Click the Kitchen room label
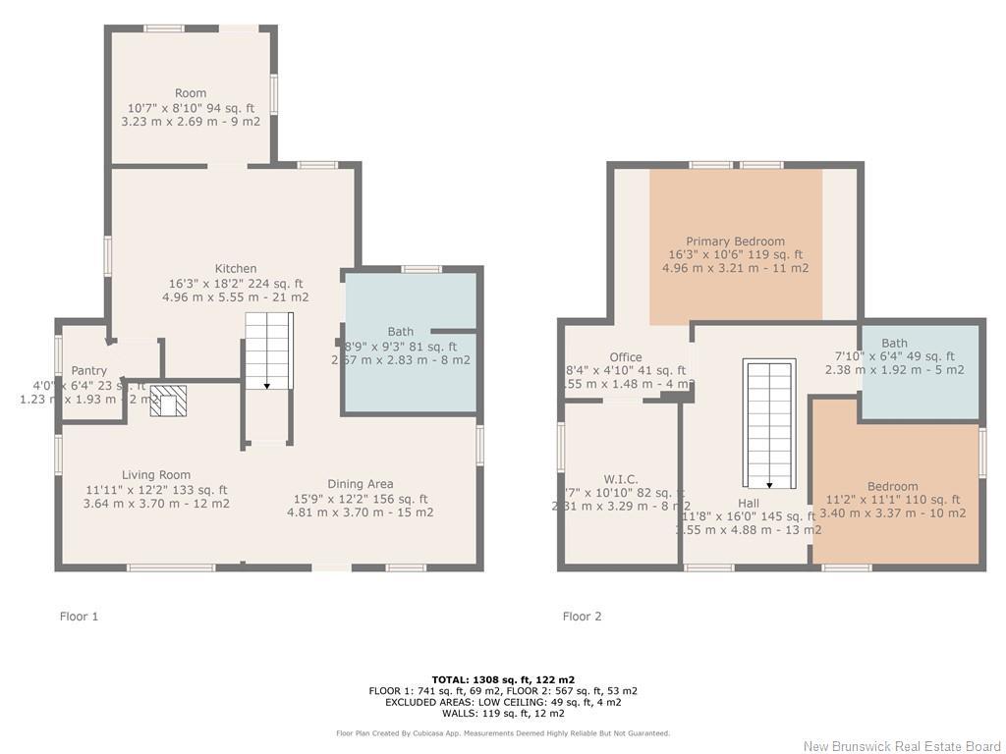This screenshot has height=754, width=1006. [236, 268]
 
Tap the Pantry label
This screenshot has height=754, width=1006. [89, 370]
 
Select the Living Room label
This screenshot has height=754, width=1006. [156, 475]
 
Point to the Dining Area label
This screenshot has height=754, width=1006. [360, 483]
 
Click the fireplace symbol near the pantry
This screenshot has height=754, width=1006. [169, 402]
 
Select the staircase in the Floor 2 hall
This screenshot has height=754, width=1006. [768, 424]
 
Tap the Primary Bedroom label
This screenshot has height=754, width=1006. [735, 242]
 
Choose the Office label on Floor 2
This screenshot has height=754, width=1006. [625, 357]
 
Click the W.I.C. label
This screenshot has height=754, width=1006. [621, 479]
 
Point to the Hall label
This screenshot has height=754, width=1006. [748, 503]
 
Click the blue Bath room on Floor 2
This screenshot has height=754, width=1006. [920, 371]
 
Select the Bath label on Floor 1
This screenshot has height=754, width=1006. [401, 333]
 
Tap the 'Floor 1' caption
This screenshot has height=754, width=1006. [80, 617]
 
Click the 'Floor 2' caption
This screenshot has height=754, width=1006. [582, 617]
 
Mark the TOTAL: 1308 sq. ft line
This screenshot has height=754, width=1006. [502, 679]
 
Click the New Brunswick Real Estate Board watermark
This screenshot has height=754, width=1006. [901, 746]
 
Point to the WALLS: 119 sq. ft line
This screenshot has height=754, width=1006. [502, 714]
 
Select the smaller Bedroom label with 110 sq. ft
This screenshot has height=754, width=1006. [892, 486]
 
